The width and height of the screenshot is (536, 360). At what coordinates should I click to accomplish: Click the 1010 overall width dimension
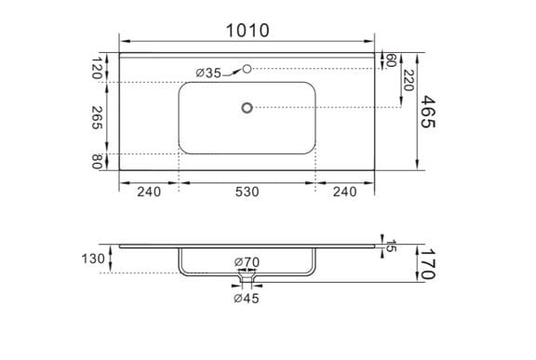pyautogui.click(x=248, y=31)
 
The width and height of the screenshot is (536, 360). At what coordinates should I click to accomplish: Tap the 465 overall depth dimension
pyautogui.click(x=428, y=112)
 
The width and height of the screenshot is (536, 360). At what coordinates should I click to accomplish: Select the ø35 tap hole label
pyautogui.click(x=208, y=73)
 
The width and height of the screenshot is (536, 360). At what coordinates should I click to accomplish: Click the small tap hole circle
pyautogui.click(x=247, y=69)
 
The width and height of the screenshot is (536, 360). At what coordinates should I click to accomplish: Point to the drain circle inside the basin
pyautogui.click(x=247, y=108)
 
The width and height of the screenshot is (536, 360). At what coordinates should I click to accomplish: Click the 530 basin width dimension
pyautogui.click(x=247, y=192)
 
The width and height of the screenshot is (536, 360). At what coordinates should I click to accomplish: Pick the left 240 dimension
pyautogui.click(x=149, y=192)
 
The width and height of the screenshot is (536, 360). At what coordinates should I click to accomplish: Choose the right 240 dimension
pyautogui.click(x=345, y=192)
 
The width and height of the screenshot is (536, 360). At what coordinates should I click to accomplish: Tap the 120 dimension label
pyautogui.click(x=98, y=68)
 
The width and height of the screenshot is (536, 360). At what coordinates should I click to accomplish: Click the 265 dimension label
pyautogui.click(x=98, y=118)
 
